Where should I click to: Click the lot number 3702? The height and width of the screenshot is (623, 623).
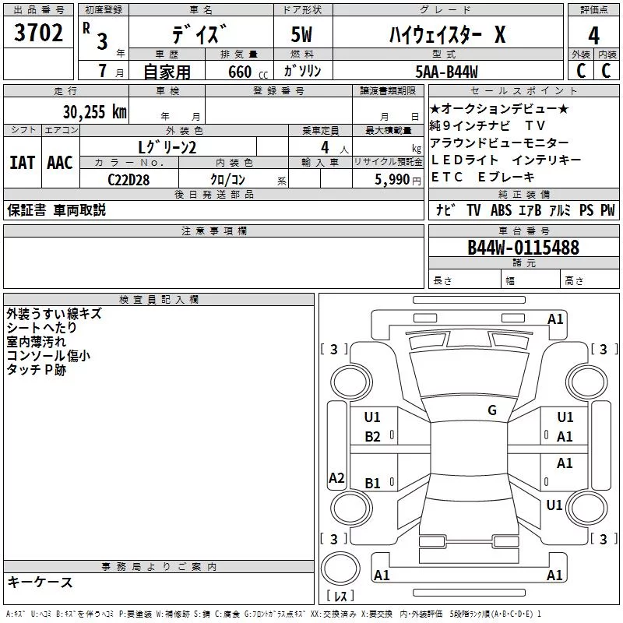coord(38,33)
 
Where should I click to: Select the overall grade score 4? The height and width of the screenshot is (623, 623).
coord(593,35)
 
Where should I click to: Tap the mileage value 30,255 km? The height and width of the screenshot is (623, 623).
coord(94,112)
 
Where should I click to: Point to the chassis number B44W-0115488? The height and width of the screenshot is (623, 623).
coord(523,247)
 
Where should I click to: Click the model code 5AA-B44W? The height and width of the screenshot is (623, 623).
coord(446,72)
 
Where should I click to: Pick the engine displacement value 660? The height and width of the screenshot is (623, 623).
coord(240,72)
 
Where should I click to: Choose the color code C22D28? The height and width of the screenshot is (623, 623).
coord(128,180)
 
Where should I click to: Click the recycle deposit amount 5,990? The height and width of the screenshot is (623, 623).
coord(392,179)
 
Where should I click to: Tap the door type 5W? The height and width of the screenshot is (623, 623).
coord(301,34)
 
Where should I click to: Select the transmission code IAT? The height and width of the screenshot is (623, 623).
coord(23,163)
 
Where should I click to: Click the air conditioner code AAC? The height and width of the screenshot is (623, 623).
coord(60,163)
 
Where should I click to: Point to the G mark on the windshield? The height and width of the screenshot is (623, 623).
coord(492,410)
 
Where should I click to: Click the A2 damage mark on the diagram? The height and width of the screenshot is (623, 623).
coord(336,477)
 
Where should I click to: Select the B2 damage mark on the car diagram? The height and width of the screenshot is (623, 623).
coord(372,437)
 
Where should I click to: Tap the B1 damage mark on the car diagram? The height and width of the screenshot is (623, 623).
coord(372,483)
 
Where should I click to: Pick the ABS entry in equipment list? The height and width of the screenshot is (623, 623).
coord(501,210)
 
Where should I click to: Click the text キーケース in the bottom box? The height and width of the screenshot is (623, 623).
coord(40,582)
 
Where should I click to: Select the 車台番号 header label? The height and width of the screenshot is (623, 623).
coord(524,231)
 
